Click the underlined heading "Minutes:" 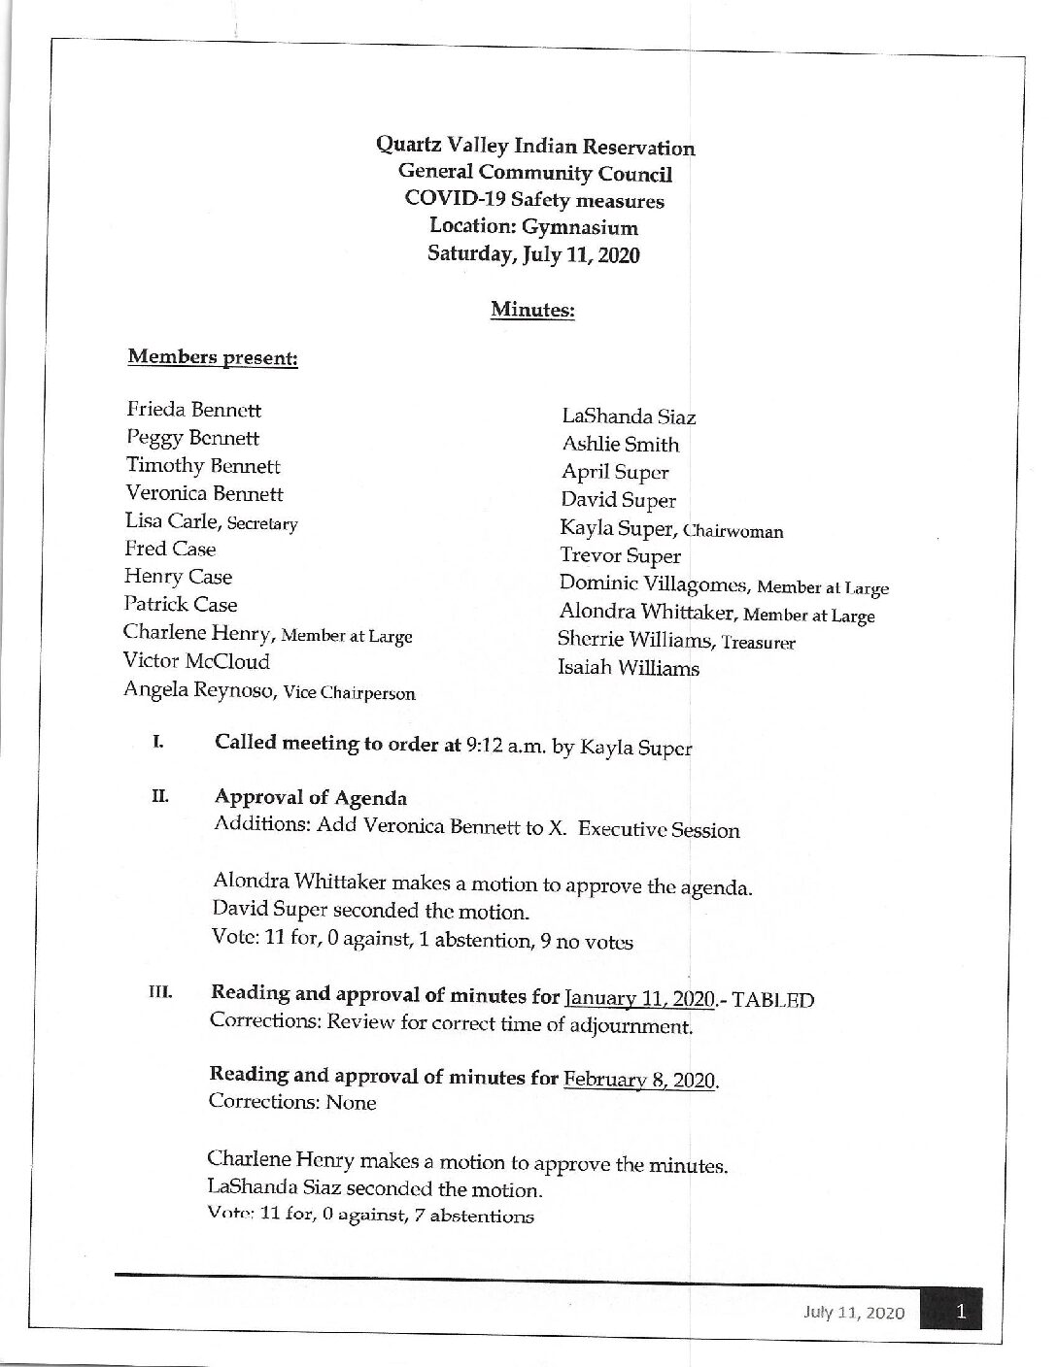coord(532,310)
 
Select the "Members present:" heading coord(213,357)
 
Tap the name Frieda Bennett coord(193,410)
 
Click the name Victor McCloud coord(196,661)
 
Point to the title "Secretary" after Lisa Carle coord(262,524)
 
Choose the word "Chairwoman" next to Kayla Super coord(733,531)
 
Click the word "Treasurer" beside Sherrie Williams coord(759,643)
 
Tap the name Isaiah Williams coord(629,668)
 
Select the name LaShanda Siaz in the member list coord(629,417)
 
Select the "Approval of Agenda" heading coord(310,798)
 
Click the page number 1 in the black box coord(960,1313)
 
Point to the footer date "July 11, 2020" coord(854,1314)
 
